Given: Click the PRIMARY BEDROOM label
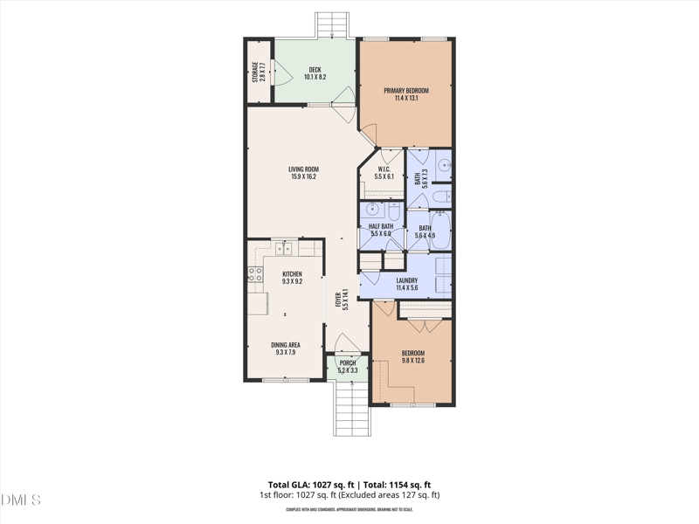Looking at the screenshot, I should click(x=405, y=90).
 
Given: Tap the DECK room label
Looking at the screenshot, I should click(x=315, y=69).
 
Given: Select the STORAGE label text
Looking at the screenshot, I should click(x=255, y=72).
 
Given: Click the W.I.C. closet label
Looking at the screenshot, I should click(x=384, y=169).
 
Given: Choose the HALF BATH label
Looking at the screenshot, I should click(x=382, y=227).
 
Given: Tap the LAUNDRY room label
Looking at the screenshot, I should click(x=407, y=280).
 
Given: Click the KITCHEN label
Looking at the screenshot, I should click(x=291, y=274).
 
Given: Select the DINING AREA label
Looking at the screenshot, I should click(x=287, y=345).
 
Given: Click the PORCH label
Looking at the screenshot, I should click(x=348, y=362).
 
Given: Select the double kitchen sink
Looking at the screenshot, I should click(x=284, y=249).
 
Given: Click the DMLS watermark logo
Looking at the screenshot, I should click(x=21, y=500).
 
